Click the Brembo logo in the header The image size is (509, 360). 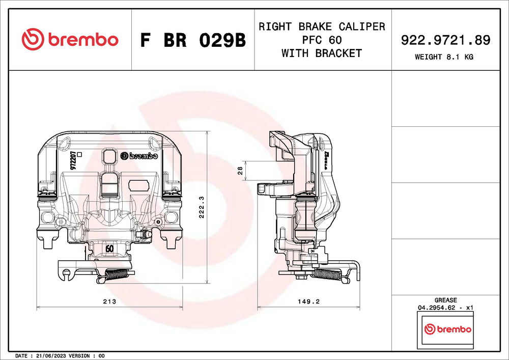pyautogui.click(x=70, y=40)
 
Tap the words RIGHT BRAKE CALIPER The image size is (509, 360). pyautogui.click(x=322, y=27)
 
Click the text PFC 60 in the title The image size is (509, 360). pyautogui.click(x=322, y=40)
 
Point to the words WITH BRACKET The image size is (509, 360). pyautogui.click(x=322, y=53)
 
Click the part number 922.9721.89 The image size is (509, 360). pyautogui.click(x=446, y=40)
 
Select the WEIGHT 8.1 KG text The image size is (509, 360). pyautogui.click(x=444, y=57)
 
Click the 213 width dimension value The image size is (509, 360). pyautogui.click(x=109, y=301)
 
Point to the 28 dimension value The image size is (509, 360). pyautogui.click(x=240, y=171)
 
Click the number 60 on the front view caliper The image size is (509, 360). pyautogui.click(x=109, y=248)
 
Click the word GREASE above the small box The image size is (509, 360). pyautogui.click(x=445, y=300)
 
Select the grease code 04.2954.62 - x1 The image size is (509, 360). pyautogui.click(x=445, y=308)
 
